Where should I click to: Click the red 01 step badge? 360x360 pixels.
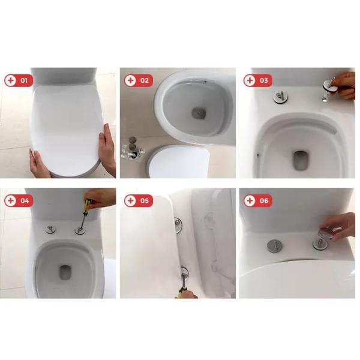click(x=19, y=80)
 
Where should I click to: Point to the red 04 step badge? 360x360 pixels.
click(x=19, y=200)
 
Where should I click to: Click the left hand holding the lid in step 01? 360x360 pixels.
click(x=40, y=163)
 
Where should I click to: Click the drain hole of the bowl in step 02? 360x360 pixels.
click(x=199, y=113)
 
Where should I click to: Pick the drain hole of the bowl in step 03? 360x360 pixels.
click(x=299, y=160)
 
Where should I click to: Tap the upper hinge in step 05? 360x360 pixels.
click(x=178, y=225)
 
